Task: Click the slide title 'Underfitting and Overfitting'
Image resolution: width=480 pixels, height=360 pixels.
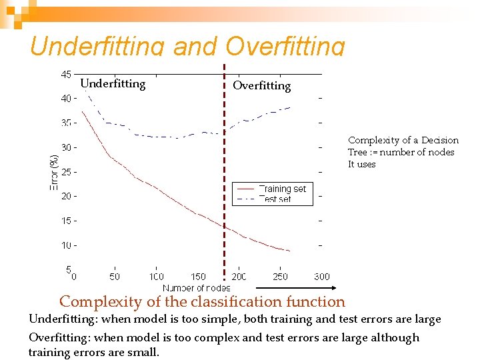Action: pos(187,45)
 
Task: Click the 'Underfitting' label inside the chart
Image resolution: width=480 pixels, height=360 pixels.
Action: pos(113,83)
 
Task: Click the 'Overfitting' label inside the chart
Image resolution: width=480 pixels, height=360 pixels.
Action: pos(261,85)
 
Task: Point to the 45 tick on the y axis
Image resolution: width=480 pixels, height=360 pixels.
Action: pos(66,74)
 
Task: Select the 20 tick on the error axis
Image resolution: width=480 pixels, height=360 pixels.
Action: pos(66,196)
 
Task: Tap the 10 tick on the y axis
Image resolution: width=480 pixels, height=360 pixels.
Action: pos(66,245)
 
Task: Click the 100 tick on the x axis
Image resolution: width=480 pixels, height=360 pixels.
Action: pos(156,276)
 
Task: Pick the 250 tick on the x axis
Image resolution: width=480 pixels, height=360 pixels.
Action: pos(280,276)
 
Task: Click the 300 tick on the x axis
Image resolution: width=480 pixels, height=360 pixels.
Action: pos(321,276)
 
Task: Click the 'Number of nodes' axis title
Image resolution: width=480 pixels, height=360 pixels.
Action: pos(196,288)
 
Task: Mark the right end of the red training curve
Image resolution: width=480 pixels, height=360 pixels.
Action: pos(290,251)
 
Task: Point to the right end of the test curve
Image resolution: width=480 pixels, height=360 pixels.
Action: pos(290,107)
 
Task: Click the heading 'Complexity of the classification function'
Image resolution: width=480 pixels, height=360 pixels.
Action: pos(202,302)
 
